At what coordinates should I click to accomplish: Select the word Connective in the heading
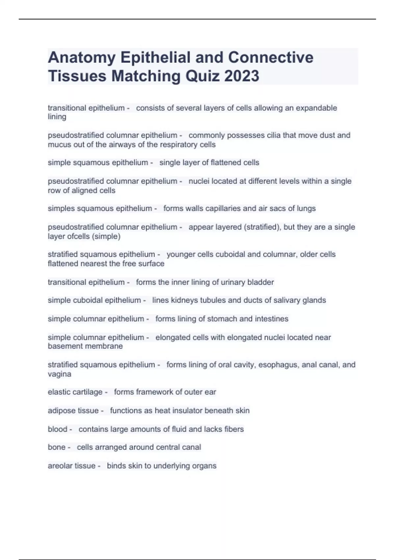[x=271, y=58]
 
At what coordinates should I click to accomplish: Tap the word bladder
[x=261, y=282]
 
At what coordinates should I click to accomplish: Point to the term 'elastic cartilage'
[x=75, y=392]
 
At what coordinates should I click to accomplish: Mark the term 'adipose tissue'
[x=73, y=411]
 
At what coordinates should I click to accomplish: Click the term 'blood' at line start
[x=58, y=429]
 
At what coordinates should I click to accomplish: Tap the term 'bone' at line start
[x=57, y=447]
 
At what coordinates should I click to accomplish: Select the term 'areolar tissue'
[x=72, y=466]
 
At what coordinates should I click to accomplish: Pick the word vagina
[x=60, y=374]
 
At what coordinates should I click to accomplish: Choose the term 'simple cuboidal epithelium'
[x=94, y=300]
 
